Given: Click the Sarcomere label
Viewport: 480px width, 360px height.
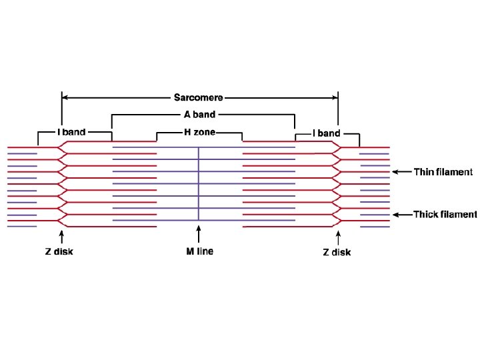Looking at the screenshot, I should pyautogui.click(x=199, y=97).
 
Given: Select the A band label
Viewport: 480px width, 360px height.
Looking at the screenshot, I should pyautogui.click(x=199, y=115).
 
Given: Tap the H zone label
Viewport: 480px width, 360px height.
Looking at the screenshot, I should pyautogui.click(x=199, y=132).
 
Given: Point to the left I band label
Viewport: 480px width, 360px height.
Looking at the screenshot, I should pyautogui.click(x=71, y=132).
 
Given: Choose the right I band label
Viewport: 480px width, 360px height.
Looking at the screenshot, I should pyautogui.click(x=326, y=133).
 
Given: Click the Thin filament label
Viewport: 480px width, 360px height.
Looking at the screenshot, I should pyautogui.click(x=443, y=172).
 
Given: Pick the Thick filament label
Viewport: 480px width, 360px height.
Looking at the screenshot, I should pyautogui.click(x=445, y=215).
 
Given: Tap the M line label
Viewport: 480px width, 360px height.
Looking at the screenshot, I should pyautogui.click(x=199, y=251).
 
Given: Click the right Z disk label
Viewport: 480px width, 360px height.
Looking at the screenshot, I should pyautogui.click(x=337, y=252).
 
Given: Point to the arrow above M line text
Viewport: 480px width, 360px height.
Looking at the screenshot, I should pyautogui.click(x=199, y=235).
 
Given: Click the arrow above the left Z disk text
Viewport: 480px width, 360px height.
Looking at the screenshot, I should pyautogui.click(x=62, y=237).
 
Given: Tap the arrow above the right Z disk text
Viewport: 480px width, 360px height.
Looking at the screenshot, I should pyautogui.click(x=338, y=237).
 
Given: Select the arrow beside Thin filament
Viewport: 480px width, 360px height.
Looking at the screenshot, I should pyautogui.click(x=401, y=172).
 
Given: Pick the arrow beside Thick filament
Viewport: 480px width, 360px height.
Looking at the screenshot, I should pyautogui.click(x=401, y=215).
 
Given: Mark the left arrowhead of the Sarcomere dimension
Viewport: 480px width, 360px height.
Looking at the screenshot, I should pyautogui.click(x=65, y=97).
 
